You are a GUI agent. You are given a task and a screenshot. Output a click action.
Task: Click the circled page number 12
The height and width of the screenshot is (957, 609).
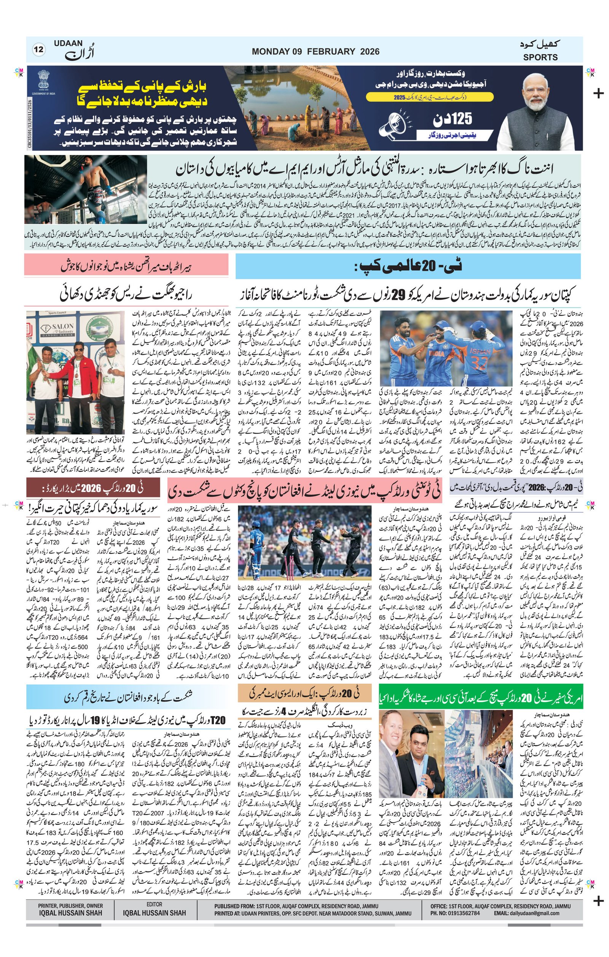click(x=39, y=50)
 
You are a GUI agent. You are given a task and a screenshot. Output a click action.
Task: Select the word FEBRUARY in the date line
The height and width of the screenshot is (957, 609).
click(x=331, y=51)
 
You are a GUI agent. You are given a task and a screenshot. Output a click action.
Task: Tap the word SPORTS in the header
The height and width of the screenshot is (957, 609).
click(x=540, y=57)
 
